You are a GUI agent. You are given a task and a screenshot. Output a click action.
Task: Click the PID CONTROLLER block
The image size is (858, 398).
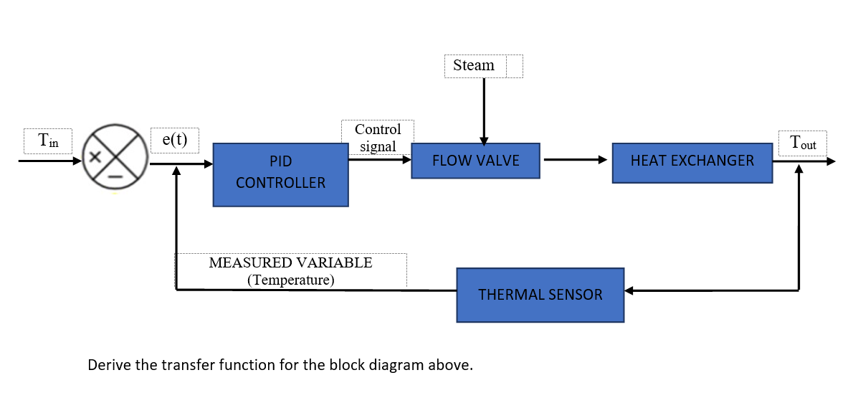(280, 174)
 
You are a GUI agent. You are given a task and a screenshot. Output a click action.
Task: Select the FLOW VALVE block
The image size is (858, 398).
(475, 160)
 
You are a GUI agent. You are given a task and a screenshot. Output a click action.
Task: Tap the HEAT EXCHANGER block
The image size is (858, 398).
(692, 161)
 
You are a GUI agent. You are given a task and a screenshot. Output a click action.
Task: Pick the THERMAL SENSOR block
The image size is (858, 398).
(540, 294)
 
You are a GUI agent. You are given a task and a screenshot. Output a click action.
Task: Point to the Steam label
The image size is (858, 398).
(474, 65)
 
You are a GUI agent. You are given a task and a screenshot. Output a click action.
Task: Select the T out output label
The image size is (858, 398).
(802, 143)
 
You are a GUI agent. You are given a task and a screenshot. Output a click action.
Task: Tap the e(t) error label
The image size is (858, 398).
(175, 139)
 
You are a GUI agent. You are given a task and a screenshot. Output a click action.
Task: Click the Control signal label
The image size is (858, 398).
(378, 138)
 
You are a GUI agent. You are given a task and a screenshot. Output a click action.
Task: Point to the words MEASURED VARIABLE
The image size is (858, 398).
(290, 262)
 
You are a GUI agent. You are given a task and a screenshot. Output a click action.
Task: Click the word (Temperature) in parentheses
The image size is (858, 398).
(290, 280)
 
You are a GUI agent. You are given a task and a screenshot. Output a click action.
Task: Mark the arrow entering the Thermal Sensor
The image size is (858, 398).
(710, 290)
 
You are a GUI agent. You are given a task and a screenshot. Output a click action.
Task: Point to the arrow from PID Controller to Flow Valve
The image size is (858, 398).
(379, 159)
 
